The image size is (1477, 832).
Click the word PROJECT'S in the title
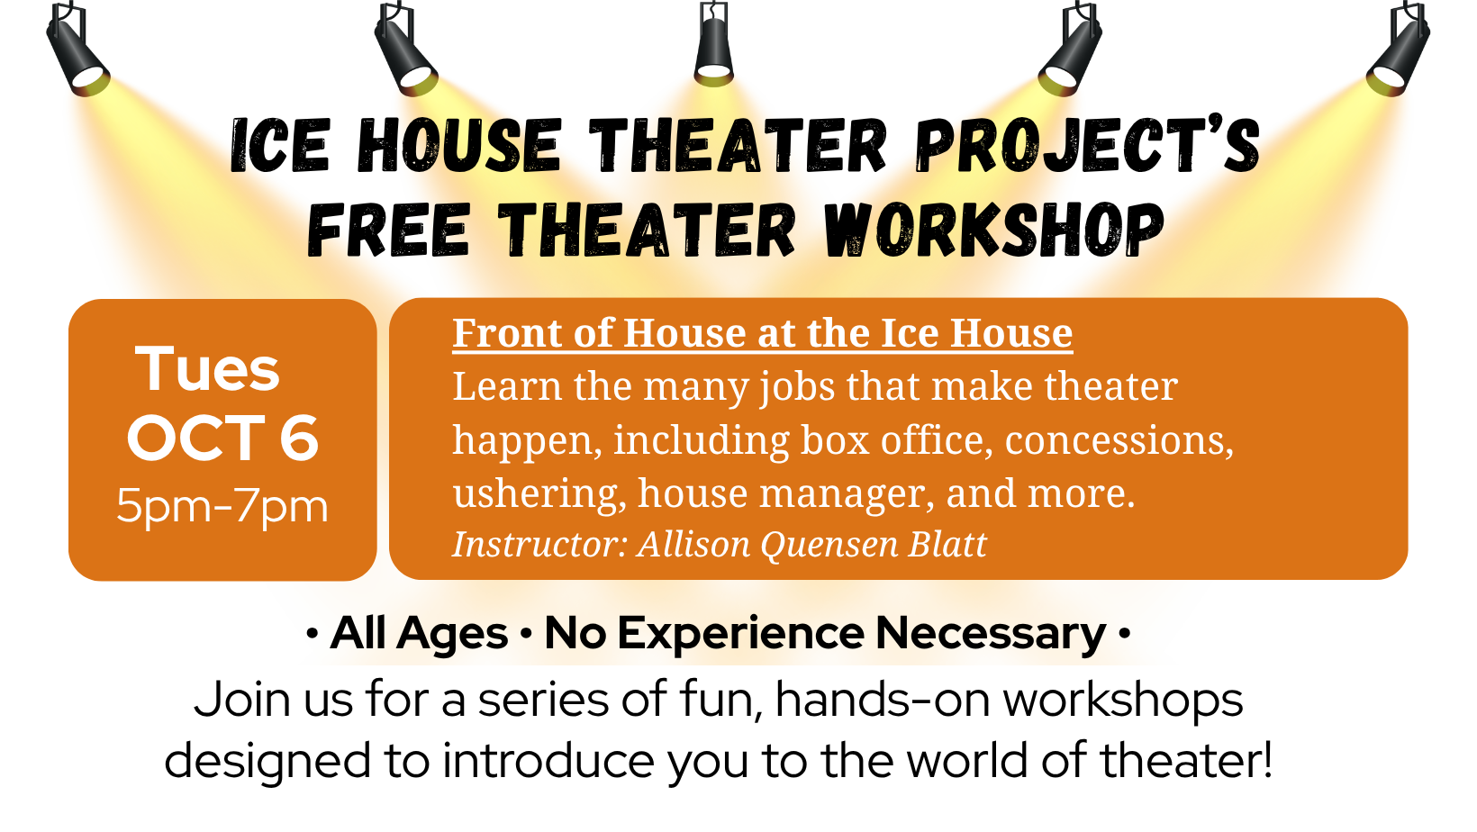(x=1087, y=147)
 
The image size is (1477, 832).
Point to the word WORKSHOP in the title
(x=994, y=230)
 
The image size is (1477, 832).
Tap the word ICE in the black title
(x=280, y=147)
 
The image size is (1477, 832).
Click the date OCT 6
(x=222, y=439)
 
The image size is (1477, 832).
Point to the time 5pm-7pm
(x=222, y=507)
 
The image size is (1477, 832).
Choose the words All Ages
(x=419, y=634)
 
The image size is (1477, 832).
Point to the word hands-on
(x=883, y=700)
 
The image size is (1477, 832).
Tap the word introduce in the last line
(x=548, y=760)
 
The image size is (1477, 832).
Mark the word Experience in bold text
(x=741, y=634)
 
